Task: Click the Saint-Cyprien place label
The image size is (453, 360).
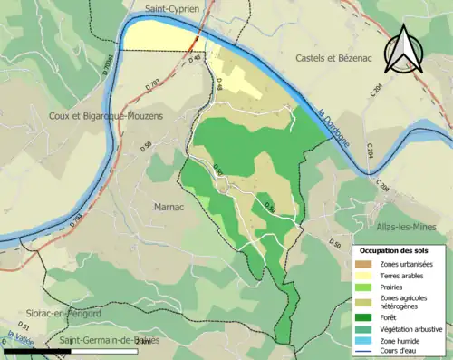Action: point(178,10)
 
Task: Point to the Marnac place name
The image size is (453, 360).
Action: point(160,206)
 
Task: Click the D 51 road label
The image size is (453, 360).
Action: point(25,326)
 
